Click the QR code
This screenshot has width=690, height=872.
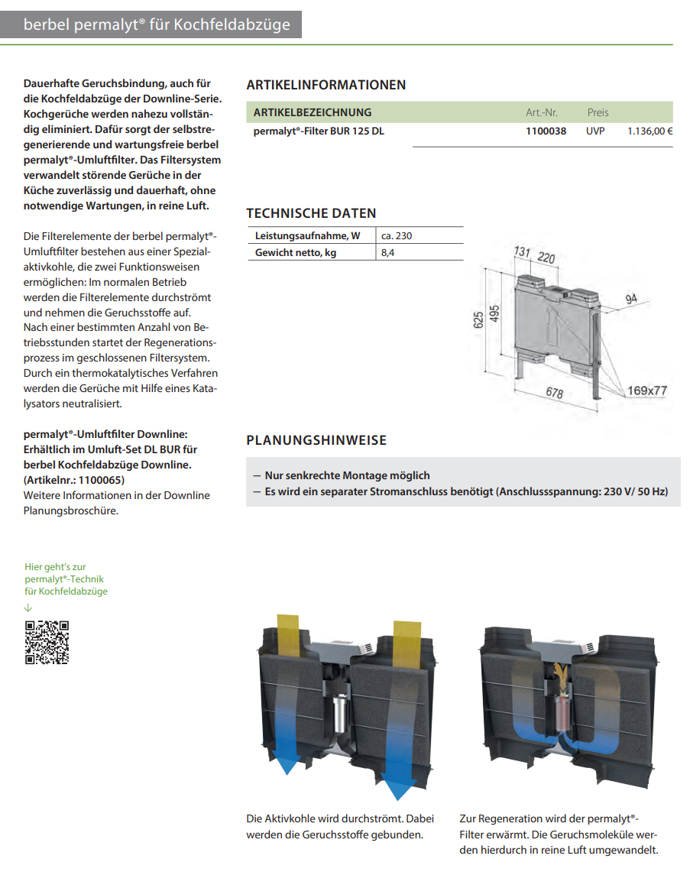tap(47, 642)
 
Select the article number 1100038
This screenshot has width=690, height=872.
tap(546, 131)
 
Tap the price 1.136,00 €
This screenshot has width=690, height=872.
tap(650, 131)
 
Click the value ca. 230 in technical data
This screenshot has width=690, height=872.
tap(397, 235)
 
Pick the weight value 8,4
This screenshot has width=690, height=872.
tap(387, 252)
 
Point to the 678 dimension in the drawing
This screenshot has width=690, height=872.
tap(555, 393)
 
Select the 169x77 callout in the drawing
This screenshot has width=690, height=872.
tap(647, 391)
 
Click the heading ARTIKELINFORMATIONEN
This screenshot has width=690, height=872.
tap(326, 85)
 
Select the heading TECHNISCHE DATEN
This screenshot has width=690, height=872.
tap(311, 213)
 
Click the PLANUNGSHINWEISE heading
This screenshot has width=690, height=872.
tap(316, 440)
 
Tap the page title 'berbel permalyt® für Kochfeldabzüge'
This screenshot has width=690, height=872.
tap(157, 24)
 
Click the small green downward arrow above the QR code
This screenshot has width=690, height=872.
tap(28, 608)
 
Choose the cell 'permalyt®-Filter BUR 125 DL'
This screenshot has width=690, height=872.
tap(319, 131)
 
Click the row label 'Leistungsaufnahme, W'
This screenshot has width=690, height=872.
tap(307, 235)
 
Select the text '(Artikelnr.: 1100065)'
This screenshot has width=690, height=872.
tap(74, 480)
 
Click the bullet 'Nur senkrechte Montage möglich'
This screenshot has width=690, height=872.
tap(347, 475)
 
